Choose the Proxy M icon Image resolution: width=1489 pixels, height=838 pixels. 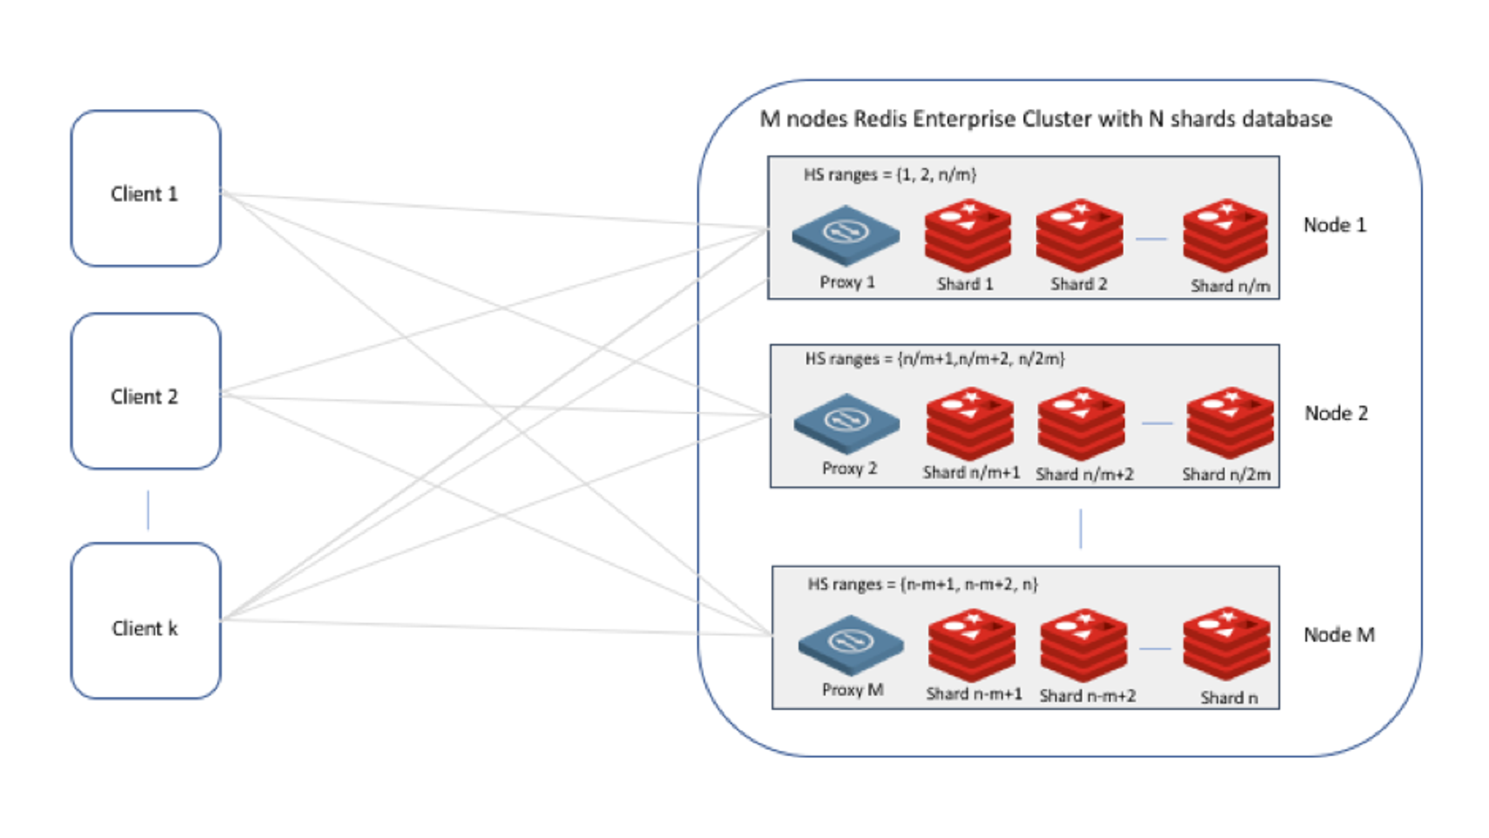pyautogui.click(x=851, y=644)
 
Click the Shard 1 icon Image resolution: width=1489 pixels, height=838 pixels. pyautogui.click(x=967, y=235)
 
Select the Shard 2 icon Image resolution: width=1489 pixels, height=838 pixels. pyautogui.click(x=1079, y=235)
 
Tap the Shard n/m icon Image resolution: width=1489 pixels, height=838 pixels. pyautogui.click(x=1225, y=235)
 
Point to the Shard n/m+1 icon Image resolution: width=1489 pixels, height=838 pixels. pyautogui.click(x=970, y=423)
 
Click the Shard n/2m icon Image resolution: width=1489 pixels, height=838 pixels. pyautogui.click(x=1230, y=423)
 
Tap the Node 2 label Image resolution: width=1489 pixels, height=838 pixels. pyautogui.click(x=1336, y=413)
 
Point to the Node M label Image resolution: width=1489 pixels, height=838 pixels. pyautogui.click(x=1339, y=634)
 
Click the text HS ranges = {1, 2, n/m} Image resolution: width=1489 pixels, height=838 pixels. pyautogui.click(x=890, y=175)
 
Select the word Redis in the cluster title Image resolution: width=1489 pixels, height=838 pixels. pyautogui.click(x=880, y=119)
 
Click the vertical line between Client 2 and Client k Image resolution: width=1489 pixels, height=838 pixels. pyautogui.click(x=148, y=510)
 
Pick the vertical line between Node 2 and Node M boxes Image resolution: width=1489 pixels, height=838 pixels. pyautogui.click(x=1080, y=528)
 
